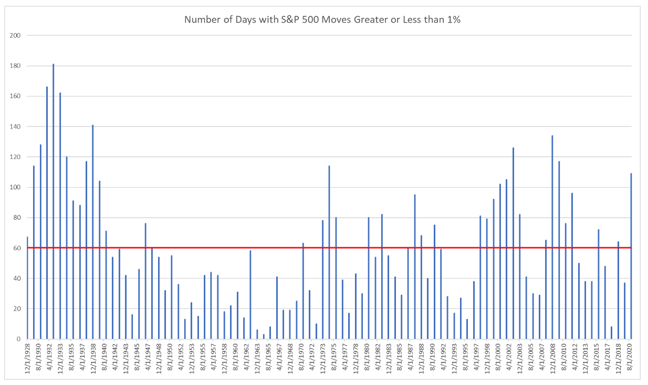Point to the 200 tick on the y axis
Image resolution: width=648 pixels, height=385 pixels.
click(x=16, y=36)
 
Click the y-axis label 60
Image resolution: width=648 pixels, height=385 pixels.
click(x=17, y=248)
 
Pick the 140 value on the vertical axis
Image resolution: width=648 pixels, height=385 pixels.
click(x=16, y=126)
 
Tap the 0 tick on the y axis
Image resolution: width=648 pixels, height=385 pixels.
click(x=19, y=339)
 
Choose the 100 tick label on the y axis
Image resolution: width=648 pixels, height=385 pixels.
click(x=16, y=187)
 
